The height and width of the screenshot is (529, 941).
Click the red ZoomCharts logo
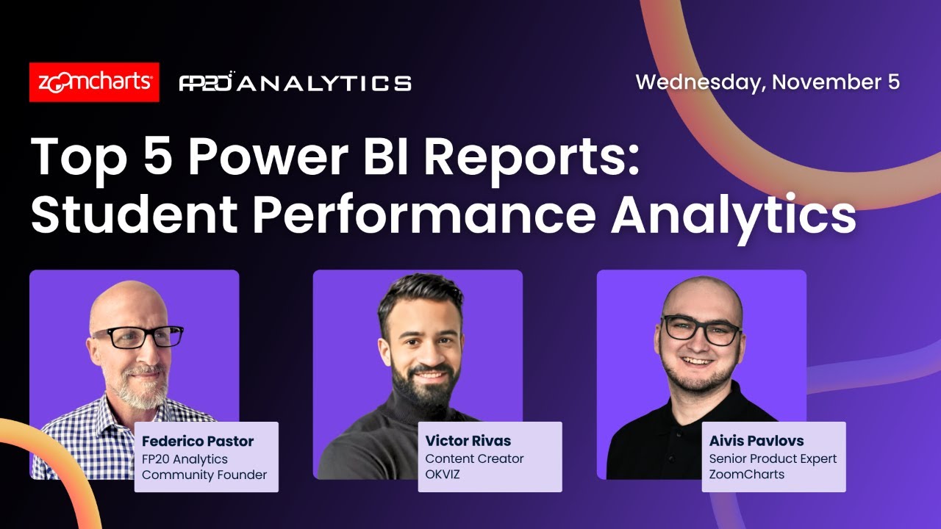click(94, 82)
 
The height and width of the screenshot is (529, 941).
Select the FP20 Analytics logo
click(295, 82)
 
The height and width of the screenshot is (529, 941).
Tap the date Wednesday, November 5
click(767, 82)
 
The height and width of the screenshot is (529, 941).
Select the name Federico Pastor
click(198, 442)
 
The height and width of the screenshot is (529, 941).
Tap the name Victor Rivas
click(468, 442)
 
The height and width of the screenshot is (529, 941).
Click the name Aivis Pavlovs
click(756, 442)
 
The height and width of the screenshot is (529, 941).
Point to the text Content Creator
click(474, 458)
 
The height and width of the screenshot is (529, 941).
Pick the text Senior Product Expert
click(773, 458)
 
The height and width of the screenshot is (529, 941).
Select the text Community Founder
click(204, 475)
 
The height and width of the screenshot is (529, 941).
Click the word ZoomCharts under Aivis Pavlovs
click(746, 475)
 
